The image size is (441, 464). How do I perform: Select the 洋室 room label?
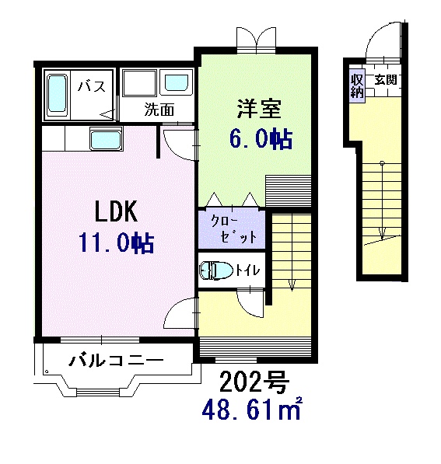254,108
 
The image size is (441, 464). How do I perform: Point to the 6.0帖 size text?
260,138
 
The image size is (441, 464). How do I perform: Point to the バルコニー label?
115,361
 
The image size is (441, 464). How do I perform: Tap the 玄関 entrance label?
385,80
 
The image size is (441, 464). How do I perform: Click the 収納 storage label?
356,84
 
